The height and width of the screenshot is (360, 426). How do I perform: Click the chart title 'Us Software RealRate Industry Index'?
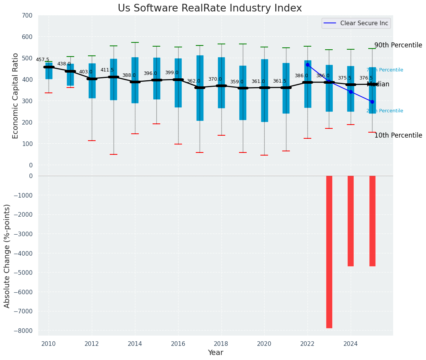pos(210,8)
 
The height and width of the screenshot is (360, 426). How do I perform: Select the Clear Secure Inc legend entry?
pos(356,23)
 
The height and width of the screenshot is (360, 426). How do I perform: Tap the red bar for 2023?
pos(329,251)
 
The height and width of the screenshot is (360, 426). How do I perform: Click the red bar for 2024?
pos(351,221)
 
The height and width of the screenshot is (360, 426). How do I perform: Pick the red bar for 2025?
pos(372,221)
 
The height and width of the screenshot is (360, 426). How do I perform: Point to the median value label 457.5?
pos(42,60)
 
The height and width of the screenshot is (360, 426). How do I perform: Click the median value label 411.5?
pos(107,70)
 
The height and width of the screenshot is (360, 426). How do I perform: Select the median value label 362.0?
pos(193,81)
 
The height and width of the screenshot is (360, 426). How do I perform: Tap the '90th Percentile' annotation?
pos(398,45)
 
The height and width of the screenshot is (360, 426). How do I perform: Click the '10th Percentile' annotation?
pos(398,135)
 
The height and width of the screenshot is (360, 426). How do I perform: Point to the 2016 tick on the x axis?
pos(178,344)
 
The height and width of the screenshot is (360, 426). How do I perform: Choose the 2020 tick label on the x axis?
pos(264,344)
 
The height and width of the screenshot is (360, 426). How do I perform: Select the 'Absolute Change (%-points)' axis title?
pos(7,256)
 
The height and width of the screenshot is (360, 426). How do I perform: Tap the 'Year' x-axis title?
pos(215,353)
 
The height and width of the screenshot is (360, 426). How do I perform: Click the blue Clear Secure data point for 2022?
pos(307,65)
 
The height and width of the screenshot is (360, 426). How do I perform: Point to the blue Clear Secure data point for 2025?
pos(372,102)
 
